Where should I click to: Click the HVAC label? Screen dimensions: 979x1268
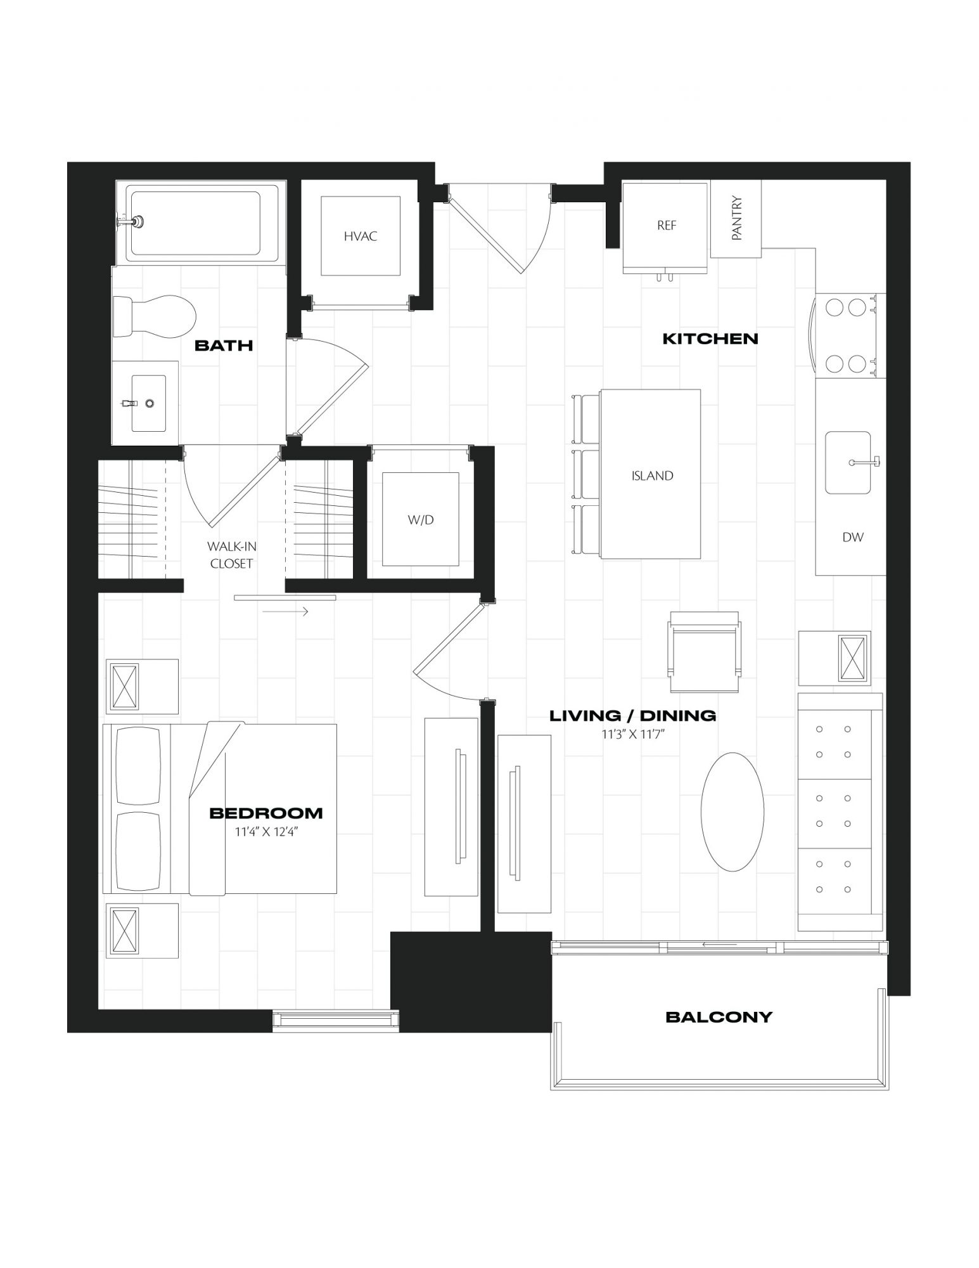pyautogui.click(x=361, y=236)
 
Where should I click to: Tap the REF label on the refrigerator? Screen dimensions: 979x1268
pyautogui.click(x=667, y=225)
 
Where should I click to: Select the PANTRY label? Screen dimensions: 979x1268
pyautogui.click(x=736, y=218)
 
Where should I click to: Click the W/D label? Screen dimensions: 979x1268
pyautogui.click(x=421, y=520)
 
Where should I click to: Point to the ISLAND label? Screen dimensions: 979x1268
pyautogui.click(x=652, y=475)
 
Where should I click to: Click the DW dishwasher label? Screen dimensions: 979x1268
pyautogui.click(x=853, y=537)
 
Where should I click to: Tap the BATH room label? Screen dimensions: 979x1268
pyautogui.click(x=224, y=345)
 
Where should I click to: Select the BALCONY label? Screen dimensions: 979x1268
pyautogui.click(x=719, y=1017)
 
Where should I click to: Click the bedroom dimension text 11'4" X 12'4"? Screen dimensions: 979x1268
pyautogui.click(x=266, y=832)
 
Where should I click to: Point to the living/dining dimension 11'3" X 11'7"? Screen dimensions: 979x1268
pyautogui.click(x=632, y=734)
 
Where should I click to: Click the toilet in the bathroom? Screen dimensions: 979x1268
pyautogui.click(x=153, y=315)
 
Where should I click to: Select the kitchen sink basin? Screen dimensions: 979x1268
pyautogui.click(x=848, y=463)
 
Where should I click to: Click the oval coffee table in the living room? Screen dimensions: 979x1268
pyautogui.click(x=732, y=812)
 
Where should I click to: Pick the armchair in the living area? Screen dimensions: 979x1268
pyautogui.click(x=704, y=652)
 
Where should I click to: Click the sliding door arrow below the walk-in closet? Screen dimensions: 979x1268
pyautogui.click(x=285, y=612)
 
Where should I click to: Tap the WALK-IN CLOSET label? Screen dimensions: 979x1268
pyautogui.click(x=231, y=555)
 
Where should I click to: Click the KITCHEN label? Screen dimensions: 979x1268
pyautogui.click(x=710, y=339)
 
